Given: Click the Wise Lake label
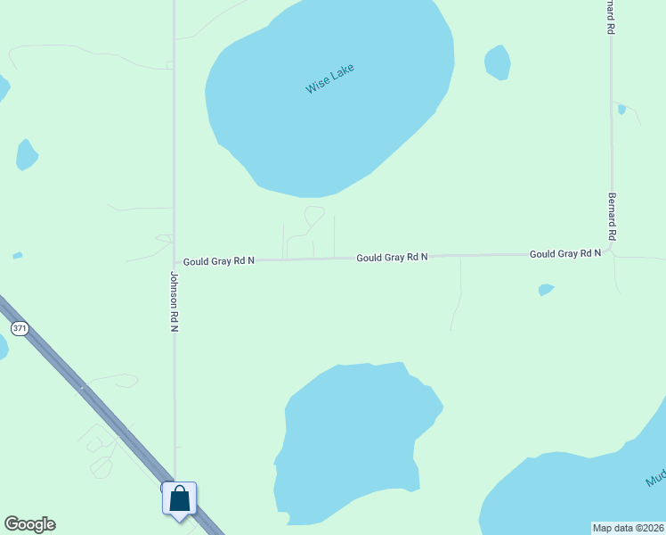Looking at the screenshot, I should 329,78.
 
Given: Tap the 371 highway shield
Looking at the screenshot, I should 20,329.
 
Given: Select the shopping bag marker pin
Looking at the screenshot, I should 179,498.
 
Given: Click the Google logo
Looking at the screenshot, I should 29,524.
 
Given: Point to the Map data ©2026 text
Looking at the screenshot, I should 629,528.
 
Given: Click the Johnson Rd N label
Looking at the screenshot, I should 175,302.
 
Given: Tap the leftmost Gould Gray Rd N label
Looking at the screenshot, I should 219,261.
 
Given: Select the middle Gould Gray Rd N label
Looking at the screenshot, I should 392,257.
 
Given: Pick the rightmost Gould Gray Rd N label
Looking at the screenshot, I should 564,254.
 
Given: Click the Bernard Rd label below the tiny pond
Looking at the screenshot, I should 612,217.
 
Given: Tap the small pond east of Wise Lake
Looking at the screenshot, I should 497,62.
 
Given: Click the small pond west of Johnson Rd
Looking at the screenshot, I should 27,155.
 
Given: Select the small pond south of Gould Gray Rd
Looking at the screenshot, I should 546,290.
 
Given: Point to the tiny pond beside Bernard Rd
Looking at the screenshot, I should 621,109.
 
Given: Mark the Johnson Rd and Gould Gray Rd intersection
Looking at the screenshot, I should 175,261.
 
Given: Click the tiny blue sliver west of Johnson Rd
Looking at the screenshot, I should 18,256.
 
